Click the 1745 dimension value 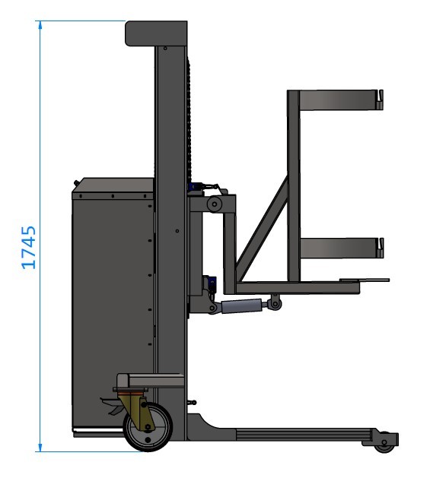[28, 247]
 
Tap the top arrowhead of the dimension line [40, 24]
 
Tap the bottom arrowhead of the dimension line [40, 448]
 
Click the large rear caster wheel [148, 427]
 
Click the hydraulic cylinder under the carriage [241, 305]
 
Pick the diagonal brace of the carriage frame [263, 229]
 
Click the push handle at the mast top [156, 33]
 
